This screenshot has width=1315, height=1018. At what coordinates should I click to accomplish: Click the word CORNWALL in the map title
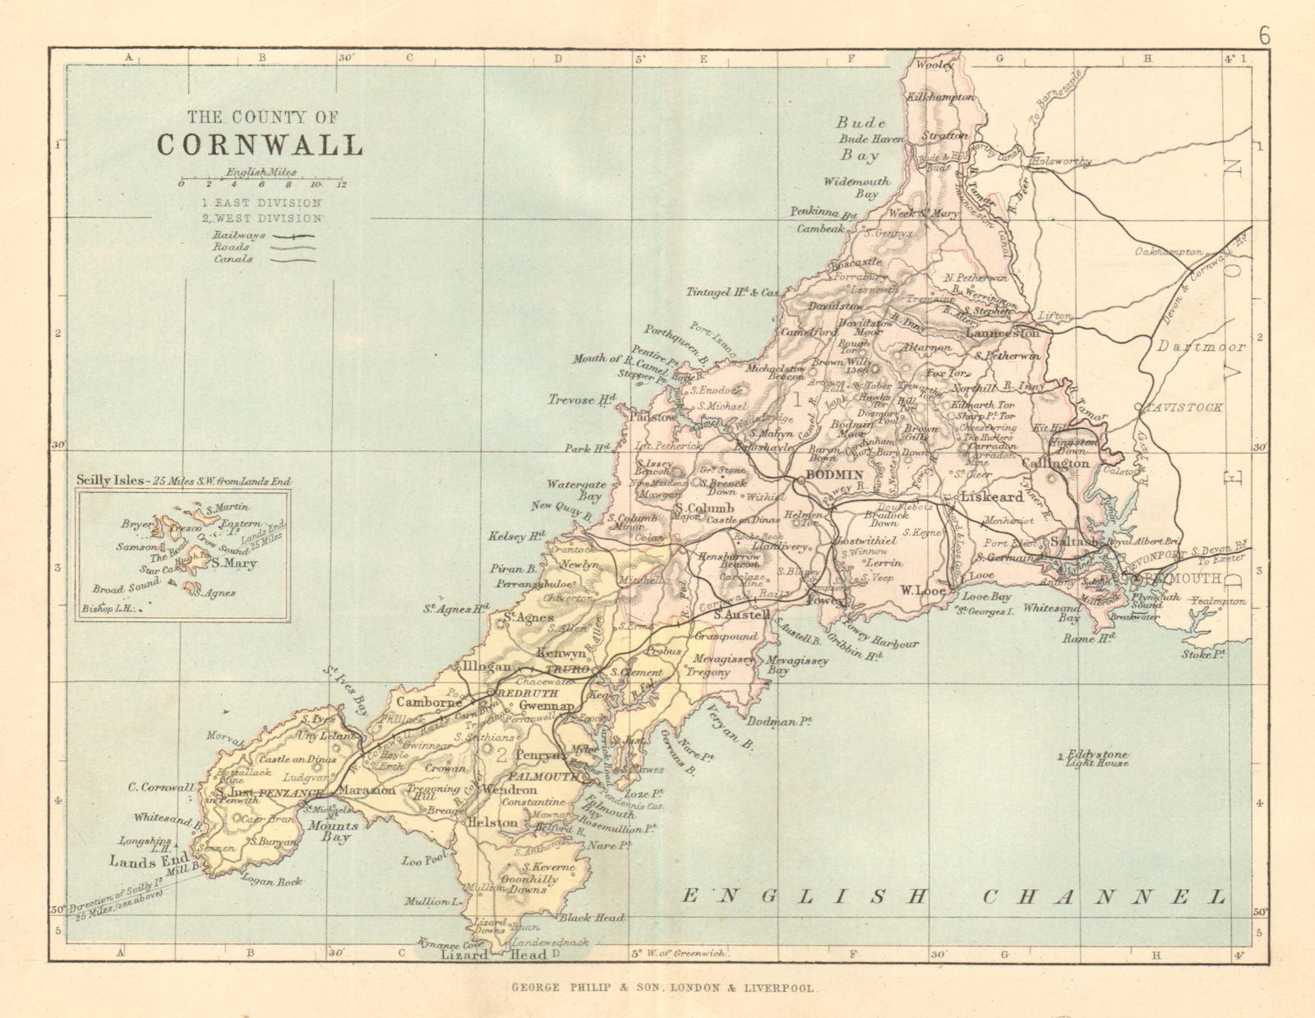coord(260,144)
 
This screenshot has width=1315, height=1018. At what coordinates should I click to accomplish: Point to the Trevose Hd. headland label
coord(583,400)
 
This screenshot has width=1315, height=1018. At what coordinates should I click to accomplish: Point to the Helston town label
coord(492,822)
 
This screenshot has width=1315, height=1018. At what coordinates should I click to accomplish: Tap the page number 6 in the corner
coord(1264,35)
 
